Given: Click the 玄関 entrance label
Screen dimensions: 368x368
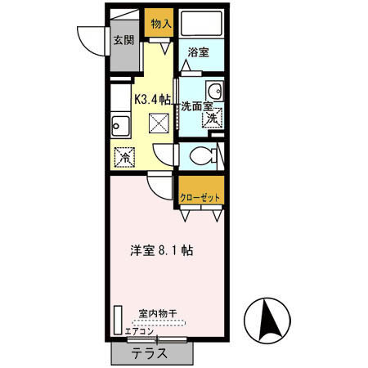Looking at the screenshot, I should click(x=123, y=41).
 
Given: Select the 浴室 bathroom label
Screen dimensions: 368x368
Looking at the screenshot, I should click(x=198, y=52).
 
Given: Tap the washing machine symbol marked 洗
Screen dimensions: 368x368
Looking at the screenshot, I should click(x=212, y=119).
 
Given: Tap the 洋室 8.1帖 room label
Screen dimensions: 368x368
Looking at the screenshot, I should click(x=160, y=251).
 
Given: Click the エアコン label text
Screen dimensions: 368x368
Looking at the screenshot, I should click(x=140, y=331).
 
